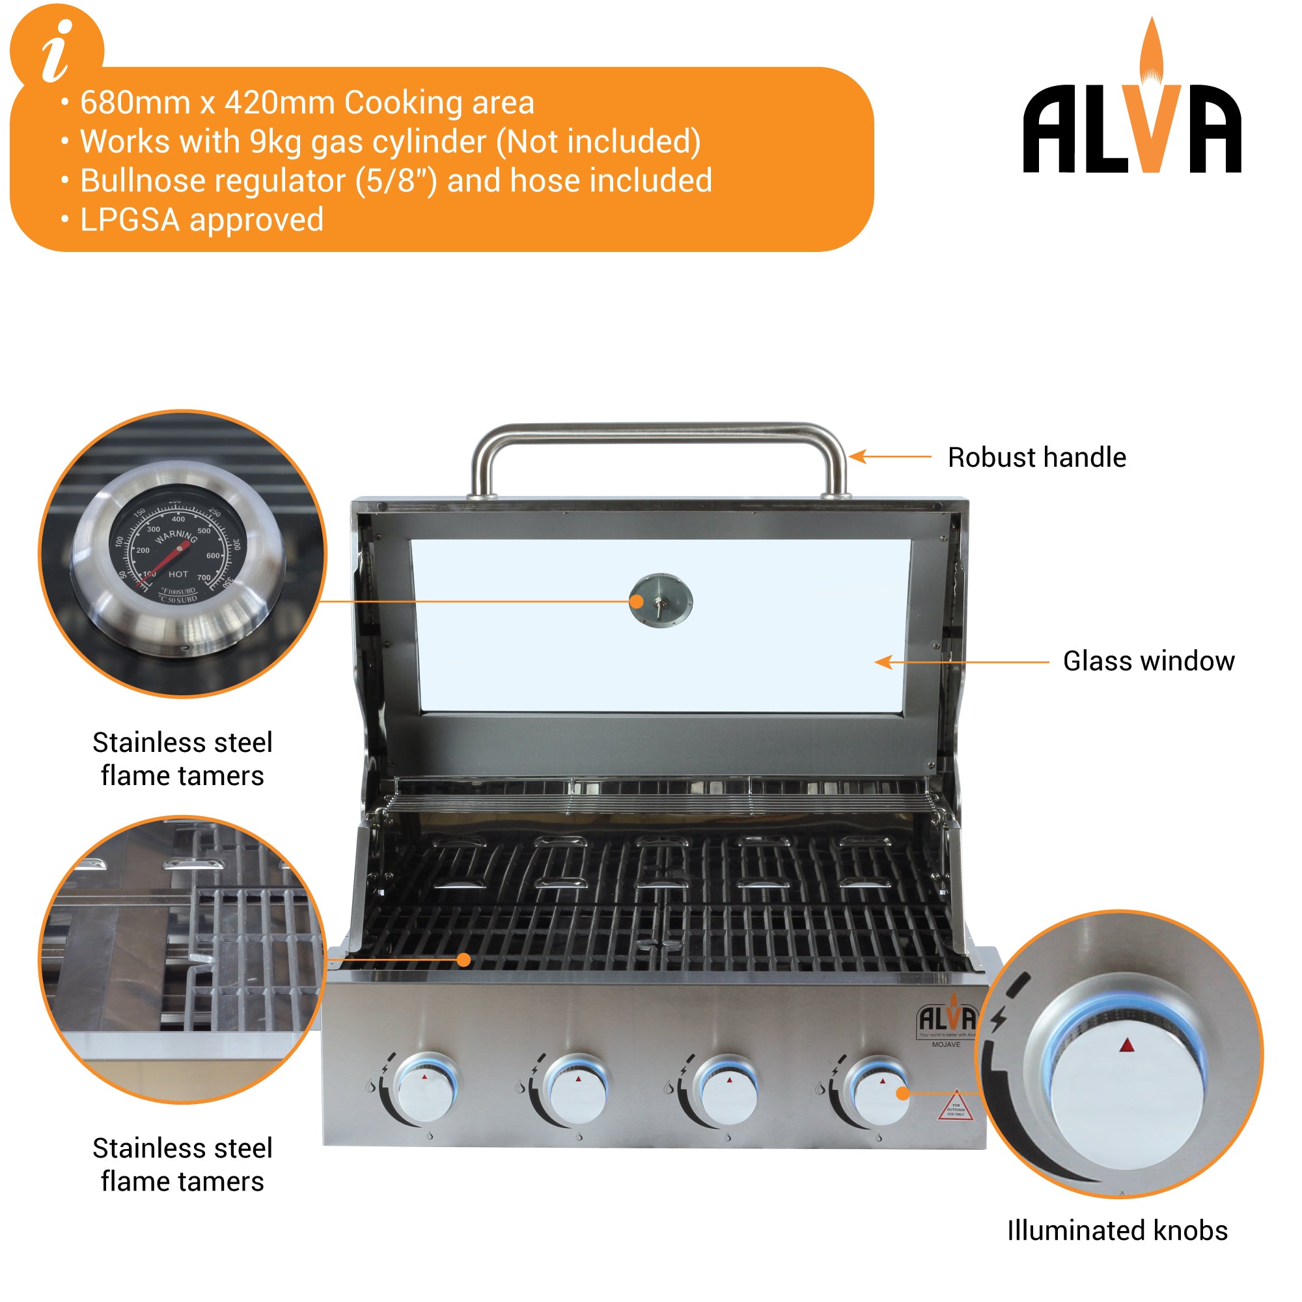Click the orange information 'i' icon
pos(57,51)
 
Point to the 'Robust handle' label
pos(1036,458)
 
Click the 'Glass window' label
pos(1148,661)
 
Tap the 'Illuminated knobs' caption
pos(1116,1230)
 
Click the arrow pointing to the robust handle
pos(889,457)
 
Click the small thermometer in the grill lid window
pos(660,600)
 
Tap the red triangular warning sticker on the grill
pos(956,1108)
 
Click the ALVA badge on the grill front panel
pos(947,1019)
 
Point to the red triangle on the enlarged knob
pos(1127,1046)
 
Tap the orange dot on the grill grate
pos(464,960)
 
